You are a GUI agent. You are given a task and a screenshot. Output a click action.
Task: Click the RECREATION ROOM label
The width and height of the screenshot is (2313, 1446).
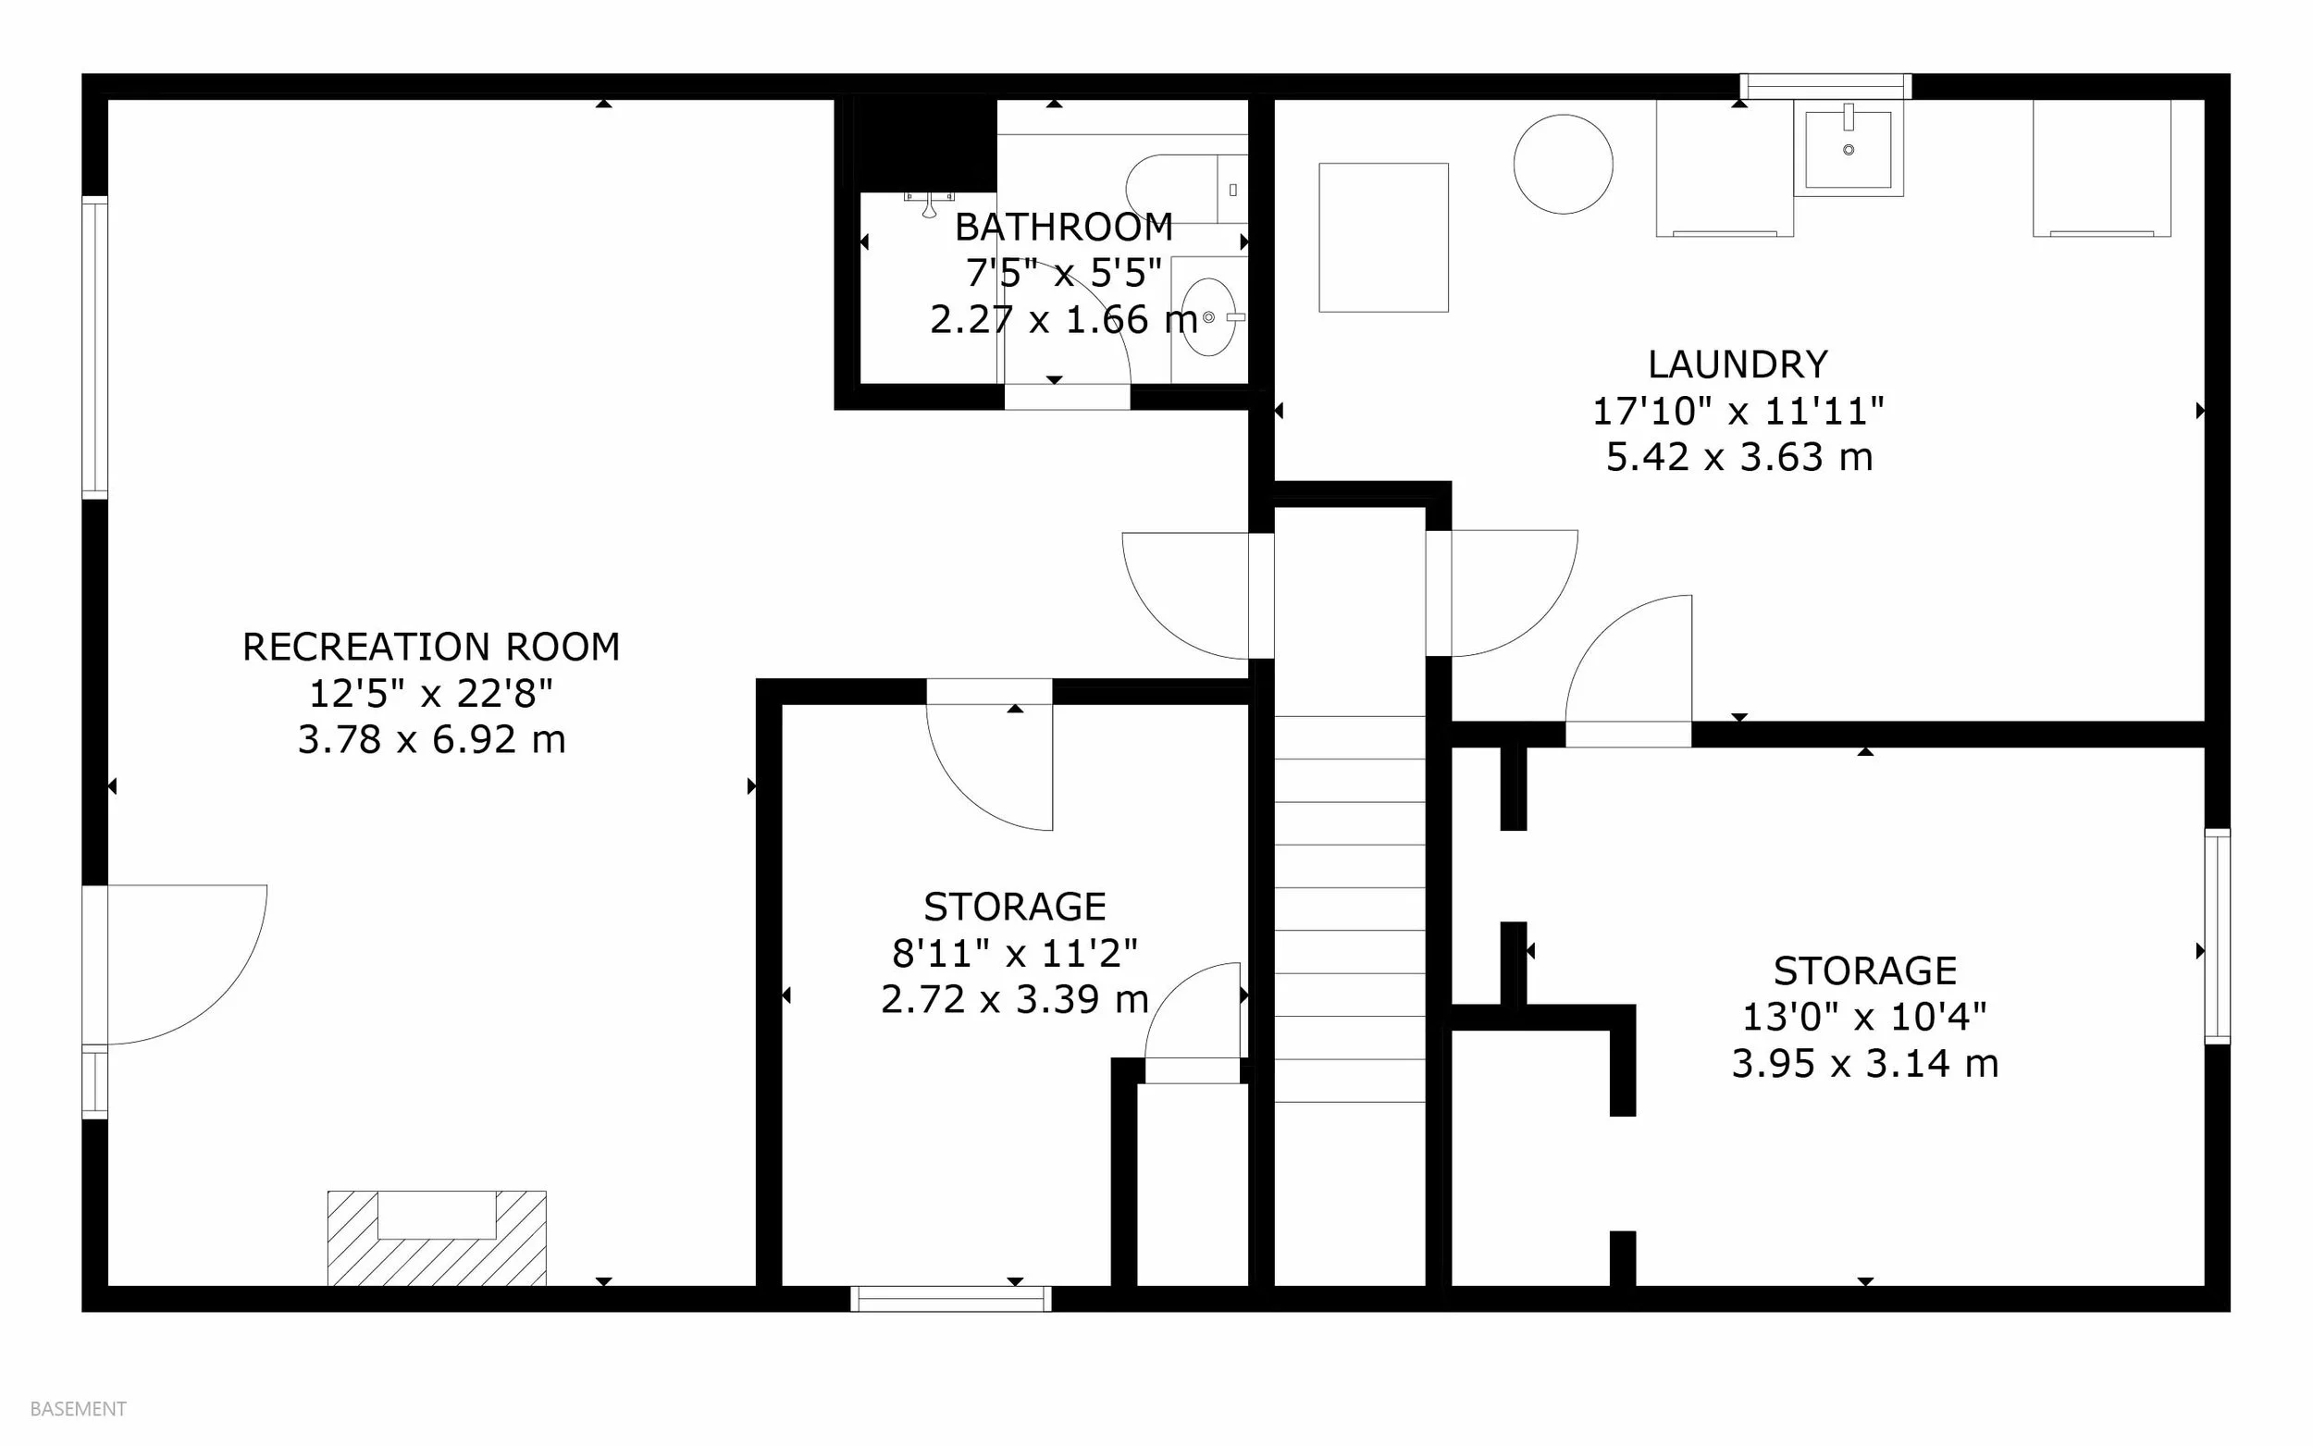[x=430, y=648]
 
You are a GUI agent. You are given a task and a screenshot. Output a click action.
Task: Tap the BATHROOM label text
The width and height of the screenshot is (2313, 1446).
[x=1063, y=228]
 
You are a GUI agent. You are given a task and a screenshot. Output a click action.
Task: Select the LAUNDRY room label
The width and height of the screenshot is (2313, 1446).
[x=1738, y=365]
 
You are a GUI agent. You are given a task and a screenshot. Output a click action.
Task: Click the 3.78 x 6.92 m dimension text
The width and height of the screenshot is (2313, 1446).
[x=431, y=739]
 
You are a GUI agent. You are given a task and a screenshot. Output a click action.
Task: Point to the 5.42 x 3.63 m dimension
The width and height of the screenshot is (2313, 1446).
[x=1738, y=457]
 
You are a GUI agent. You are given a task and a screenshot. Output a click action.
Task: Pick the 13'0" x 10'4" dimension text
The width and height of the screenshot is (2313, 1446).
[x=1864, y=1017]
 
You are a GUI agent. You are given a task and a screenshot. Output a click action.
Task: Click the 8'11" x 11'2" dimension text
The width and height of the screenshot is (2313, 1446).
[x=1015, y=953]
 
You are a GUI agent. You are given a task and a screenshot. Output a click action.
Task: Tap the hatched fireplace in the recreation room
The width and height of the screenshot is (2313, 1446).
[x=437, y=1239]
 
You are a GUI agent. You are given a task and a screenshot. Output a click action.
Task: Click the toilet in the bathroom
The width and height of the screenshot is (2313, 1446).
[x=1187, y=190]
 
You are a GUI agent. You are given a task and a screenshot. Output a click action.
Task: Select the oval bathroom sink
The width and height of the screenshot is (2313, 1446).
[x=1208, y=316]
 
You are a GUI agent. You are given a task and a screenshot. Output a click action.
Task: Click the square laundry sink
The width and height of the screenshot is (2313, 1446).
[x=1849, y=149]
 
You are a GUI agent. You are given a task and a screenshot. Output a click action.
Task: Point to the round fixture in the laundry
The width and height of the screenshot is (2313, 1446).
[x=1564, y=165]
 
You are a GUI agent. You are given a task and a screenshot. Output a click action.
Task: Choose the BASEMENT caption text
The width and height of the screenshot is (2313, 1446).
[x=79, y=1409]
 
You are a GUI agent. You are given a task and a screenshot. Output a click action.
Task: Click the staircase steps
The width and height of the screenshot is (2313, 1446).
[x=1350, y=908]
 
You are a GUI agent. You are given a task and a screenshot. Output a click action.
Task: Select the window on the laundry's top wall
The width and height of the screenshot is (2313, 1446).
[x=1825, y=86]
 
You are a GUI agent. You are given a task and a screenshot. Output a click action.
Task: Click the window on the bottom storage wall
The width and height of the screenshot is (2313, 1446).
[x=951, y=1299]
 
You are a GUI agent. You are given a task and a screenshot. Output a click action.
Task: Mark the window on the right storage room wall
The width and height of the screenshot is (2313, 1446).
[x=2218, y=936]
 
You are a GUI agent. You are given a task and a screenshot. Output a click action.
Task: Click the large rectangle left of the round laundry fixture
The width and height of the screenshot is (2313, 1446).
[x=1383, y=237]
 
